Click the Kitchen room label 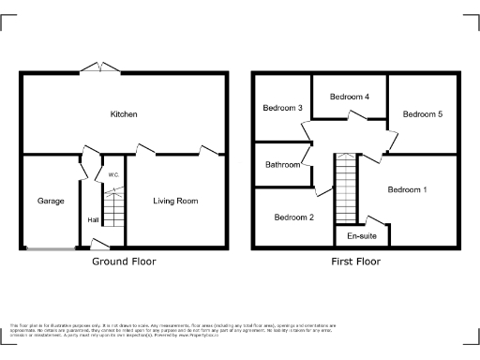point(124,114)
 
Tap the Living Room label point(175,201)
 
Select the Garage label point(51,201)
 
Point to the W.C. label point(112,174)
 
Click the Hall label point(93,220)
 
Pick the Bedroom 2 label point(293,217)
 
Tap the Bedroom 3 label point(282,108)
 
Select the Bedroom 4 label point(349,97)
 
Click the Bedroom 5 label point(422,114)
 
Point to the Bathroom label point(282,165)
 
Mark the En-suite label point(361,235)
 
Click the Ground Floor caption point(124,262)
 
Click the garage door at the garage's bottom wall point(52,248)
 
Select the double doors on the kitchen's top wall point(99,67)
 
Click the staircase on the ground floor point(113,207)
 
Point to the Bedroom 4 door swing point(355,115)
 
